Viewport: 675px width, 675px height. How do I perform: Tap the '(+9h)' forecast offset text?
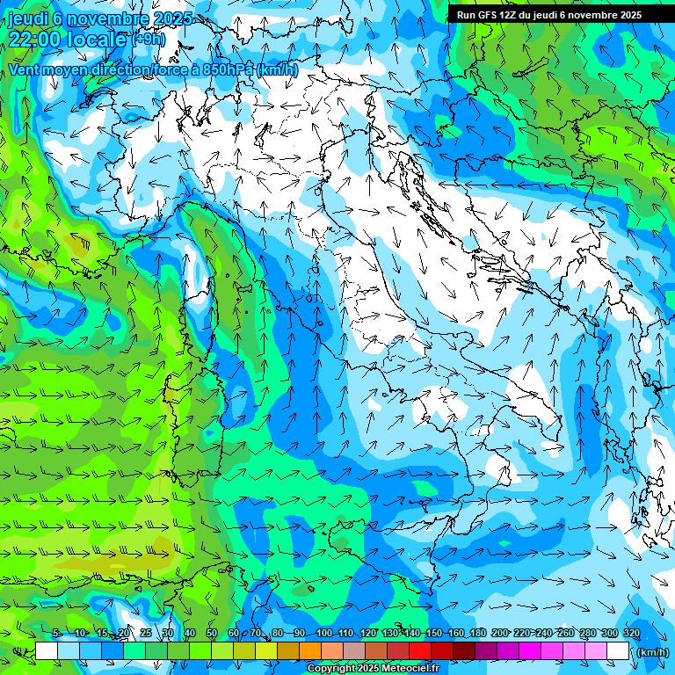tap(148, 39)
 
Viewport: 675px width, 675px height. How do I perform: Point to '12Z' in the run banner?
tap(510, 15)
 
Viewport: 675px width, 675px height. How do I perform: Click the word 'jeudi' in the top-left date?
tap(27, 18)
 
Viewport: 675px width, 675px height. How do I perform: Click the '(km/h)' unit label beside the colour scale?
tap(651, 652)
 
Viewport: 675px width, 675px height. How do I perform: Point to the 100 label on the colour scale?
tap(324, 633)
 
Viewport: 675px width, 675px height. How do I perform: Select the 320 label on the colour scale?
tap(632, 633)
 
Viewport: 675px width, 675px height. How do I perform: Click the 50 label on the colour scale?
tap(212, 633)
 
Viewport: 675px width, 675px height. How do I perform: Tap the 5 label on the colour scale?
tap(55, 633)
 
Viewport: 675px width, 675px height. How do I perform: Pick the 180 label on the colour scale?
tap(477, 633)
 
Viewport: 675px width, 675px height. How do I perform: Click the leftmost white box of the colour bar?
tap(47, 651)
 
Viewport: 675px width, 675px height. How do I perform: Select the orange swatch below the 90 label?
tap(310, 651)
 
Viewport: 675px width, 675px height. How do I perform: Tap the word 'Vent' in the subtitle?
tap(25, 69)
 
